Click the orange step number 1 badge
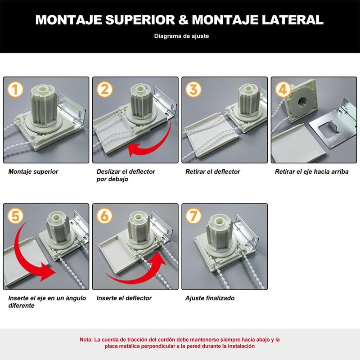coord(15,89)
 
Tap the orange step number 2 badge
coord(104,89)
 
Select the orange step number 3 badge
coord(193,89)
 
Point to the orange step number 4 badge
coord(283,89)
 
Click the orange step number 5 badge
coord(15,216)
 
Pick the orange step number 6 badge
coord(104,216)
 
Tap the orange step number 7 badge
coord(193,216)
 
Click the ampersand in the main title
coord(183,20)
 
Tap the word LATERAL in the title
coord(292,20)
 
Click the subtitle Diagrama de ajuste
coord(181,36)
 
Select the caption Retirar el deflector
coord(212,171)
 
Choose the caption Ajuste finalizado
coord(210,298)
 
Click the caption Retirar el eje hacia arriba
coord(311,171)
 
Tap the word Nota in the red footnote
coord(86,340)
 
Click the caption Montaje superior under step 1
coord(33,171)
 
